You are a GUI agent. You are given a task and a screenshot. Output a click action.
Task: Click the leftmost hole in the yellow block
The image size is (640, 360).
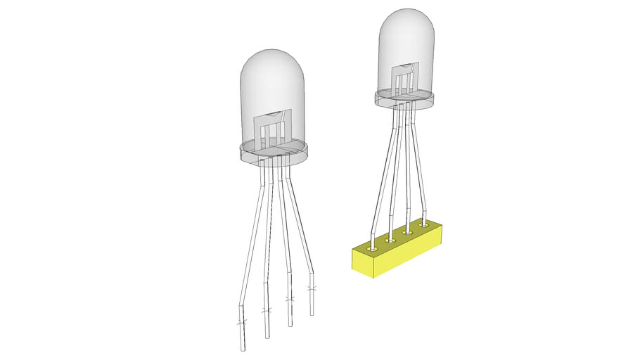[372, 247]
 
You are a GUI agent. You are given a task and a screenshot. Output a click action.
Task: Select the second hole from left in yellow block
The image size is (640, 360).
[391, 239]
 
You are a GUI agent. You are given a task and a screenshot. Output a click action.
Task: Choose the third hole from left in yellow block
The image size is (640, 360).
[408, 231]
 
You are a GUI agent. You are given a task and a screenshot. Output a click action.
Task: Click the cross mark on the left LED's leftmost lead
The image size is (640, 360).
[241, 322]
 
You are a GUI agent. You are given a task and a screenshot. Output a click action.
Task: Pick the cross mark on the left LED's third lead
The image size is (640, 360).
[289, 300]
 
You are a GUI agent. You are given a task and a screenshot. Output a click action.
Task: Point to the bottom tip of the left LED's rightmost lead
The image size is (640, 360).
[312, 314]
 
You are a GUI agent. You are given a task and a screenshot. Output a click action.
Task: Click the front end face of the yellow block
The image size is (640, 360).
[363, 262]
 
